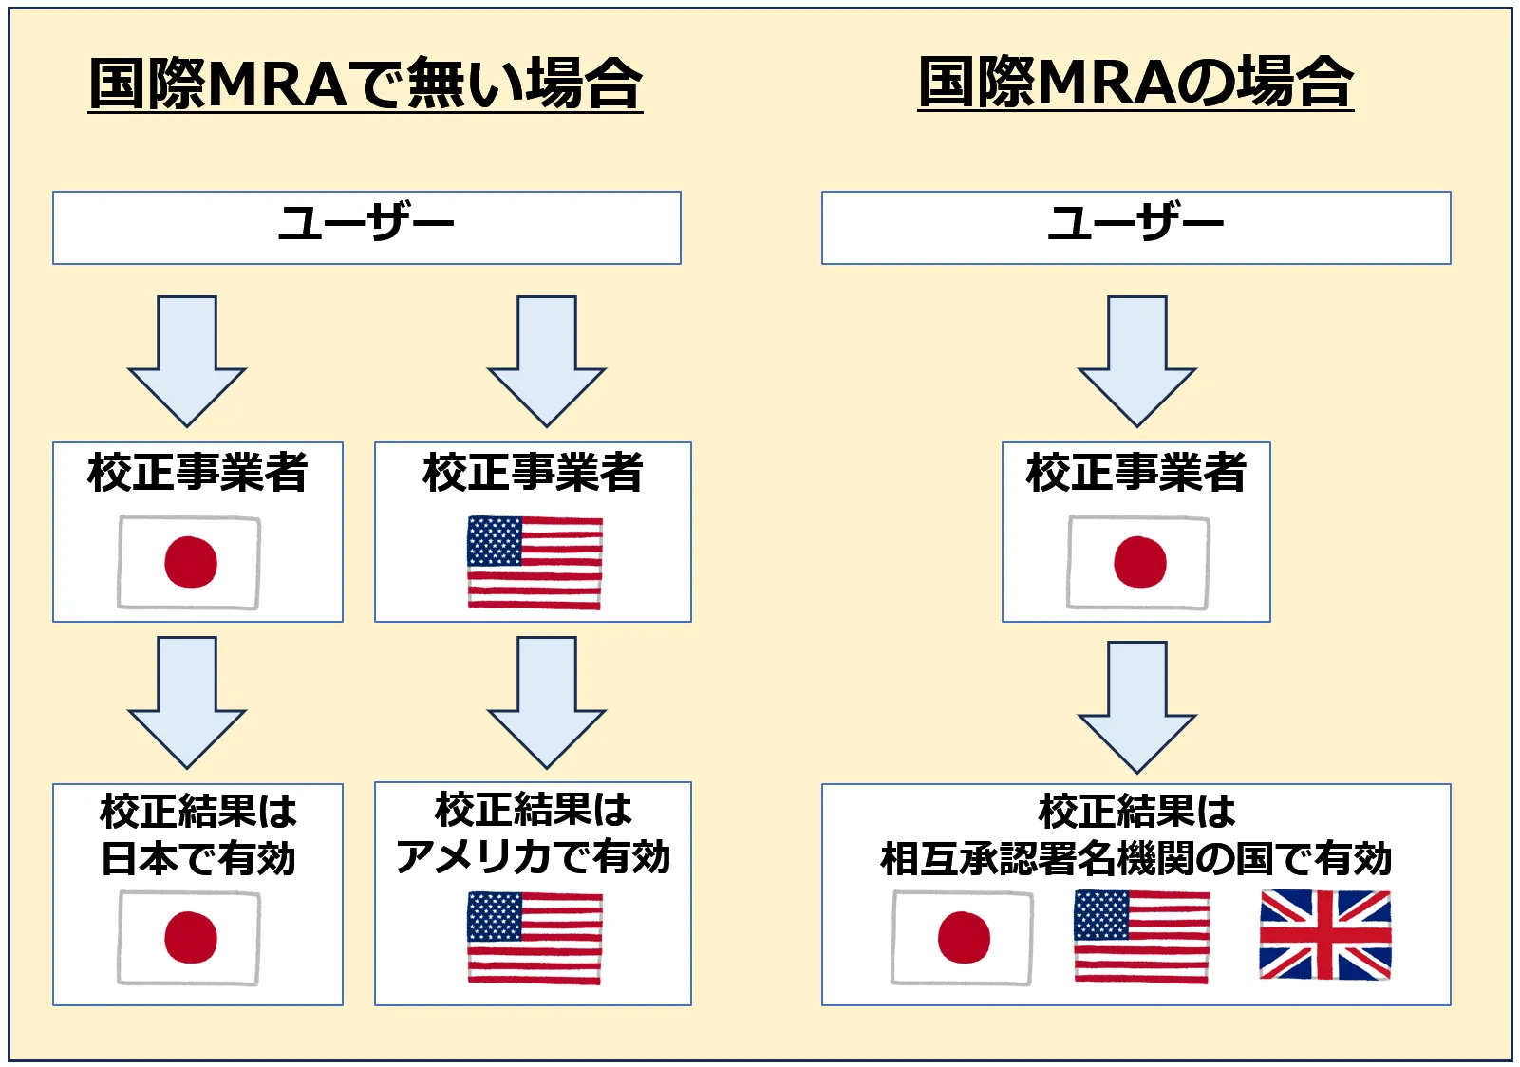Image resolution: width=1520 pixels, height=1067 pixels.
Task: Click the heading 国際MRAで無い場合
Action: pos(366,84)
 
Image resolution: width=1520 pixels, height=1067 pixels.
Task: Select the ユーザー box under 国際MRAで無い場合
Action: pos(366,227)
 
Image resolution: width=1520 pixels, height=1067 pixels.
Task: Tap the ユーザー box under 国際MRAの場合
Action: pos(1135,227)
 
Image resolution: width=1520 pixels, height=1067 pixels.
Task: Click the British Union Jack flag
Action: pos(1324,934)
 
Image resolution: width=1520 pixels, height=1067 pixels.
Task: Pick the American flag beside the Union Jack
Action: pos(1141,936)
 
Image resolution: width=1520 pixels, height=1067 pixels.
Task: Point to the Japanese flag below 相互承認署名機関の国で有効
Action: pos(962,937)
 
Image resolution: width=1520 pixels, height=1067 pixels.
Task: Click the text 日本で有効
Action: pos(198,859)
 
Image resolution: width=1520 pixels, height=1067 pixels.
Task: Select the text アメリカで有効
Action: pos(534,857)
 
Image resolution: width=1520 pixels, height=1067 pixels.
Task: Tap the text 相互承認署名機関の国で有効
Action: pos(1135,859)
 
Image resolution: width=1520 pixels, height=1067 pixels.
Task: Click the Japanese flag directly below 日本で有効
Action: pos(189,937)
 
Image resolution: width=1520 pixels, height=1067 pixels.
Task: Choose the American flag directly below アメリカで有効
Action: pos(535,937)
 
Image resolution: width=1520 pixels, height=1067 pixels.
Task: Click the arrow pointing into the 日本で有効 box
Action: pos(187,703)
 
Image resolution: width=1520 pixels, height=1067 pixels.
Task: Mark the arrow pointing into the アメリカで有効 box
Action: pos(547,703)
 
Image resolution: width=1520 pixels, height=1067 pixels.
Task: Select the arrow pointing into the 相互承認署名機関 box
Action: pos(1137,707)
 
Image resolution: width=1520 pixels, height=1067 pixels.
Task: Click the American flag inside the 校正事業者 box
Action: pos(535,562)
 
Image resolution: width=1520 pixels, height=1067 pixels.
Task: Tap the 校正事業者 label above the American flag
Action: pos(534,472)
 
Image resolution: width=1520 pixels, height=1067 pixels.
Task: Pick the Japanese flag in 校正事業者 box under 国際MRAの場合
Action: pos(1138,562)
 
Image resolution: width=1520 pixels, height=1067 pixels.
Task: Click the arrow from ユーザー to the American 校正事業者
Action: pos(547,362)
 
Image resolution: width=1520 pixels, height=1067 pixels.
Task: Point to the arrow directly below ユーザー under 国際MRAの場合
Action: pos(1137,362)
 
